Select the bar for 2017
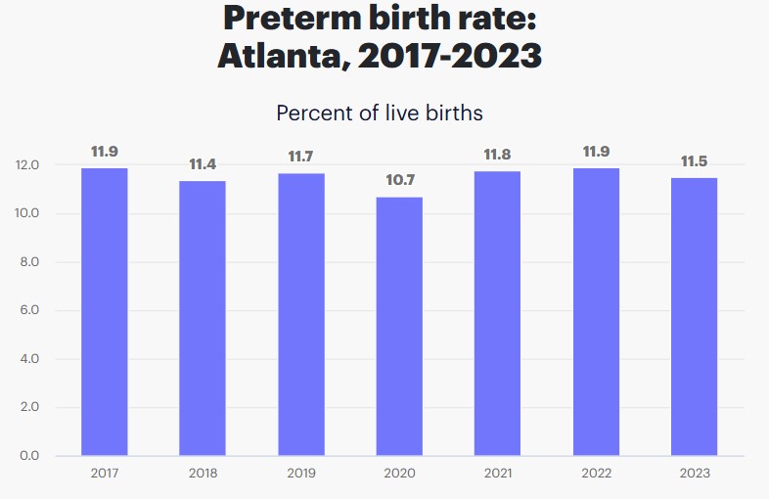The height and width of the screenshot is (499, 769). click(x=105, y=311)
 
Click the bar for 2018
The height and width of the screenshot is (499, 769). click(x=203, y=318)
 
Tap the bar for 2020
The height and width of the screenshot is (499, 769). click(x=399, y=326)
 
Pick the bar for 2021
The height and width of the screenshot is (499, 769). click(x=497, y=313)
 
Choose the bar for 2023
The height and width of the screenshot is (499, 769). click(x=694, y=316)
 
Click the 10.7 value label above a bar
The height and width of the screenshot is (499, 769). click(x=399, y=180)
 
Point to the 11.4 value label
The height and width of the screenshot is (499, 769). click(x=203, y=163)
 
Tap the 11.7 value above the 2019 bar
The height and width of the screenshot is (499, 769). click(x=301, y=157)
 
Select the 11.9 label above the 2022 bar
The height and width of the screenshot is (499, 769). click(x=596, y=152)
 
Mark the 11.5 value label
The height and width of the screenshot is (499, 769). click(x=694, y=161)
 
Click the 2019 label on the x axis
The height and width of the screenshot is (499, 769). click(x=301, y=474)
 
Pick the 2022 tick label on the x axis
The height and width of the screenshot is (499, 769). click(x=596, y=474)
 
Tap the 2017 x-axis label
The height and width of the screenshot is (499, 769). click(x=105, y=474)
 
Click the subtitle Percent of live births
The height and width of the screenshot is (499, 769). click(x=380, y=113)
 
